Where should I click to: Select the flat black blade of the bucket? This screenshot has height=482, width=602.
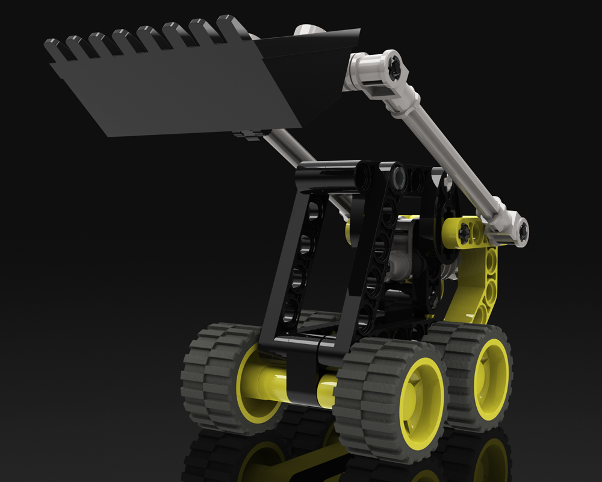175,96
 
